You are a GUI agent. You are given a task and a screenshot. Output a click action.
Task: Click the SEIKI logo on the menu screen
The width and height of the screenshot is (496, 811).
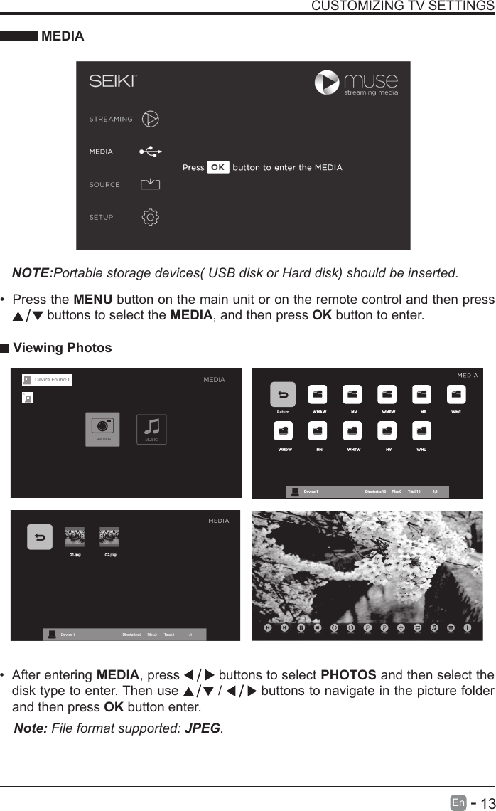click(x=112, y=81)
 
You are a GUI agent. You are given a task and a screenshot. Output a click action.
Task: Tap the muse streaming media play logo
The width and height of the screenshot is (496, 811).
click(x=328, y=83)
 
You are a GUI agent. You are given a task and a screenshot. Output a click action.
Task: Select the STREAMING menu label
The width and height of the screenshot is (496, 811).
click(x=111, y=119)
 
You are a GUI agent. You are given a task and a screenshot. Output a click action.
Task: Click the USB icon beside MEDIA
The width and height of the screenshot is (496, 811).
click(x=151, y=152)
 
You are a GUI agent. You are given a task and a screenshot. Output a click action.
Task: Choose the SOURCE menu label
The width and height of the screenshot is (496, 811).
click(x=104, y=184)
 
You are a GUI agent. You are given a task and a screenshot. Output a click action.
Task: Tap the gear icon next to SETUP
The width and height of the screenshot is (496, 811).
click(x=151, y=217)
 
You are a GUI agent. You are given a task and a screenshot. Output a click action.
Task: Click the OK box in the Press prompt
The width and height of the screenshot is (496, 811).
click(x=217, y=168)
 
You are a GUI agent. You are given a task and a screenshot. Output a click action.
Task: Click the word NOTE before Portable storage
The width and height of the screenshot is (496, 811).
click(x=33, y=274)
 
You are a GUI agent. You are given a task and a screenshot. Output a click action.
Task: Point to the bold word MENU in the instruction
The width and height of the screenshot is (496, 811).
click(x=92, y=300)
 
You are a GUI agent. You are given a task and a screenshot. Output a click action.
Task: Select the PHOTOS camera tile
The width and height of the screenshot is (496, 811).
click(x=103, y=429)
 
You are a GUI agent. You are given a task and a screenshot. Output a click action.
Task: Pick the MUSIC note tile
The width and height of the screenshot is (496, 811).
click(x=151, y=429)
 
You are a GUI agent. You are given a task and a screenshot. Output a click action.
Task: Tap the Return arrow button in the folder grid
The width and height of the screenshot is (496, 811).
click(x=283, y=396)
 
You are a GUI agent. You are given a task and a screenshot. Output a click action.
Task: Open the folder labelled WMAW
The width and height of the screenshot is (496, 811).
click(x=318, y=396)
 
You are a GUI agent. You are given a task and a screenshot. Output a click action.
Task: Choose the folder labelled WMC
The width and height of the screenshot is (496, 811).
click(x=457, y=396)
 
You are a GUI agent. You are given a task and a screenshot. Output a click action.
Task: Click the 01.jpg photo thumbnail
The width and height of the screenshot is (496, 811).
click(x=74, y=537)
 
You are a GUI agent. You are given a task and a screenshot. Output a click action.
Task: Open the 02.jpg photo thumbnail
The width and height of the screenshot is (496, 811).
click(x=109, y=537)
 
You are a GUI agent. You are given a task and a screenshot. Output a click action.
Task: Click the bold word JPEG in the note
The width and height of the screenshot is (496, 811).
click(x=202, y=728)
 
